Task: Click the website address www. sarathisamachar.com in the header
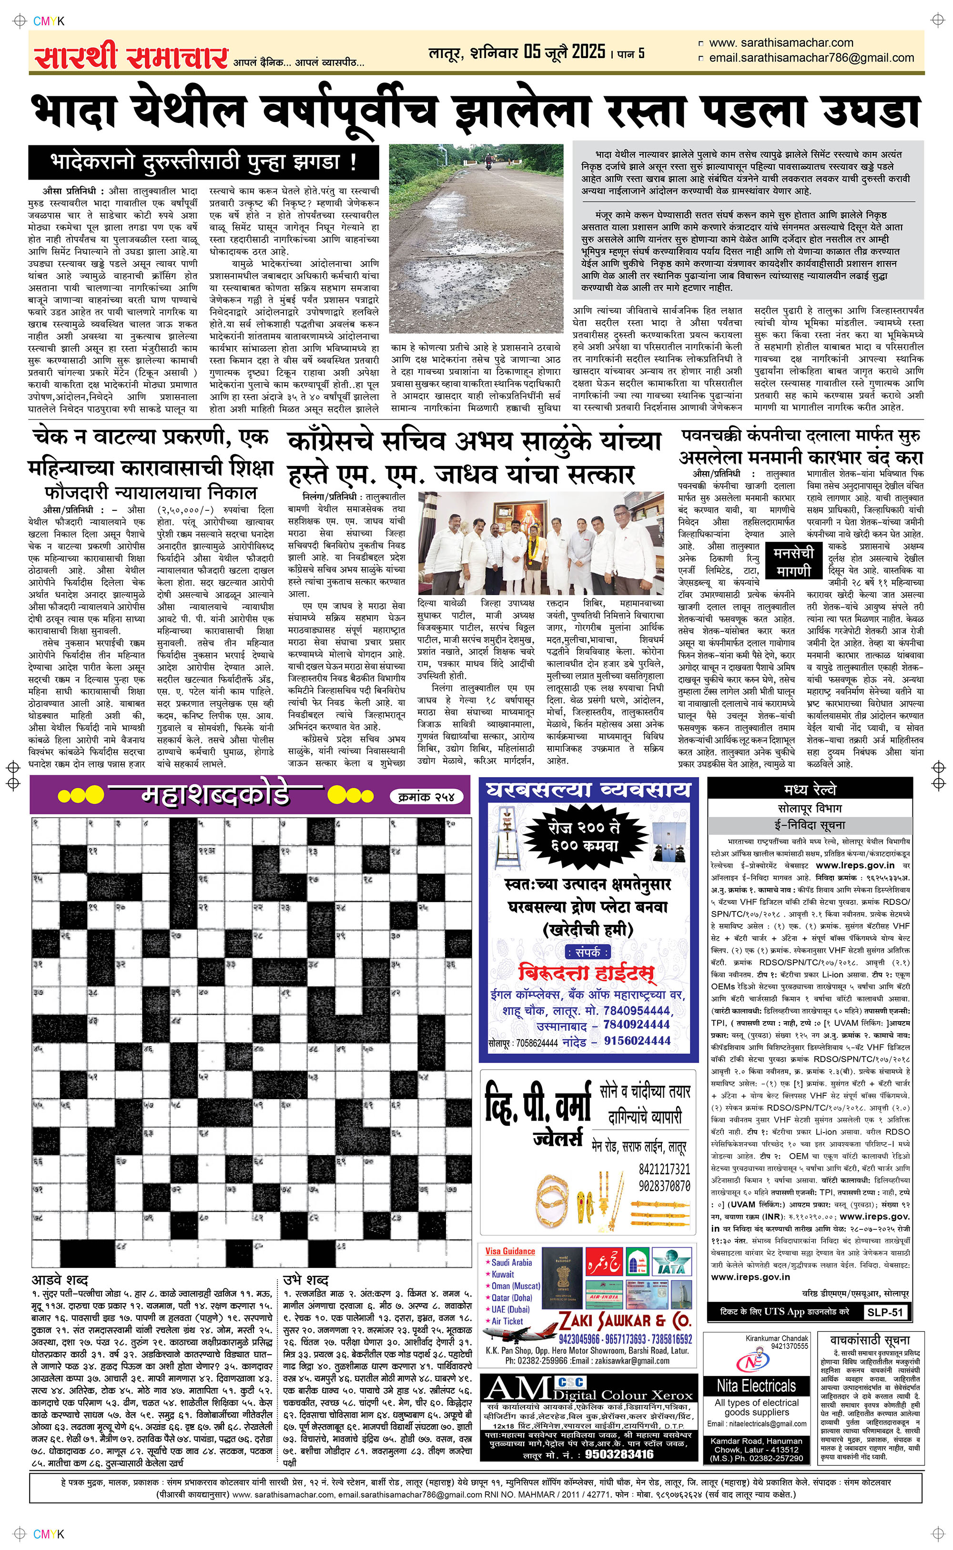(781, 43)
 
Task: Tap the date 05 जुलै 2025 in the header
(565, 52)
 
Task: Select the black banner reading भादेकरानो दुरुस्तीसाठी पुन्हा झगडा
(203, 162)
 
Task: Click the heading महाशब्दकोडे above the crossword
(215, 795)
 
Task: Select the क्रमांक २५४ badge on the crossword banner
(427, 796)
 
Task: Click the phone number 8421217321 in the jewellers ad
(664, 1169)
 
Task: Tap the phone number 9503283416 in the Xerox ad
(619, 1454)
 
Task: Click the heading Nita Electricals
(756, 1386)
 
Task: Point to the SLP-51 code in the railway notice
(885, 1312)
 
